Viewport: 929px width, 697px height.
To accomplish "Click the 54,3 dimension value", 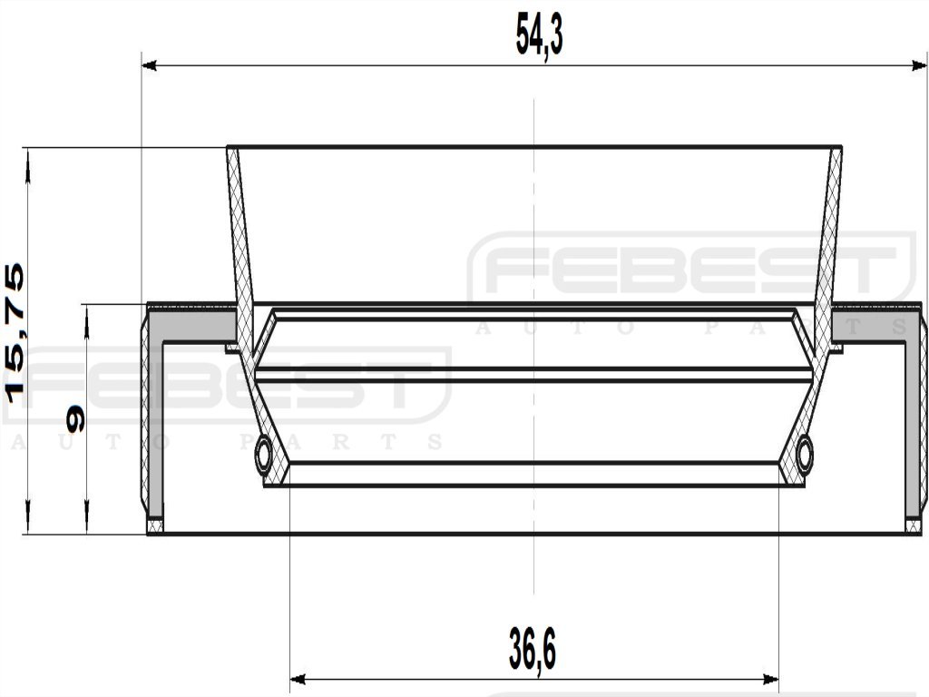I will pos(539,37).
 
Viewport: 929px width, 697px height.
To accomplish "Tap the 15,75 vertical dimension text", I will pos(15,332).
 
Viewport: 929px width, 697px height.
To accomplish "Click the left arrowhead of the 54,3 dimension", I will pos(151,65).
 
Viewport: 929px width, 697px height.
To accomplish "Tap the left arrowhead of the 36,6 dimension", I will pos(298,679).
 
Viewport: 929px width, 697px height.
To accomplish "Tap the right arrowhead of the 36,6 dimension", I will pos(771,679).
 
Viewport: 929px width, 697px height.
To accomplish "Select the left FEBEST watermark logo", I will pos(227,387).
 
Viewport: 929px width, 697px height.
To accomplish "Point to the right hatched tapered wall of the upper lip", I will pos(828,236).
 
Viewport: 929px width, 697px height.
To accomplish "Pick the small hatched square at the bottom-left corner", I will pos(155,525).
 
